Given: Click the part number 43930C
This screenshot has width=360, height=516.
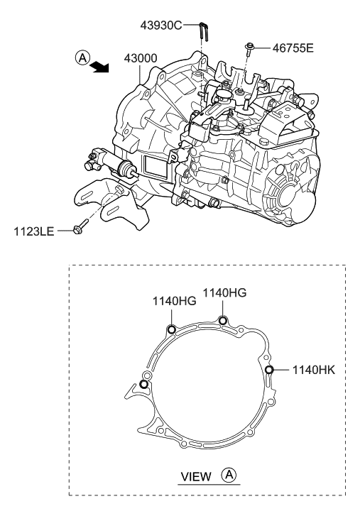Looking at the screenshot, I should tap(160, 25).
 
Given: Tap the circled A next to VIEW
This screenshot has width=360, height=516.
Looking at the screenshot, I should tap(229, 475).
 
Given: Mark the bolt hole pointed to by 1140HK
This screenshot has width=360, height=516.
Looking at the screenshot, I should tap(269, 369).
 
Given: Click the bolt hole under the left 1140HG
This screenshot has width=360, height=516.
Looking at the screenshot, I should tap(170, 329).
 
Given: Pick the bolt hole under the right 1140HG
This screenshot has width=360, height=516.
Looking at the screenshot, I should tap(223, 320).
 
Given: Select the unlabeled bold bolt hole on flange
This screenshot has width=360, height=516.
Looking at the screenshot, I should tap(144, 384).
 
